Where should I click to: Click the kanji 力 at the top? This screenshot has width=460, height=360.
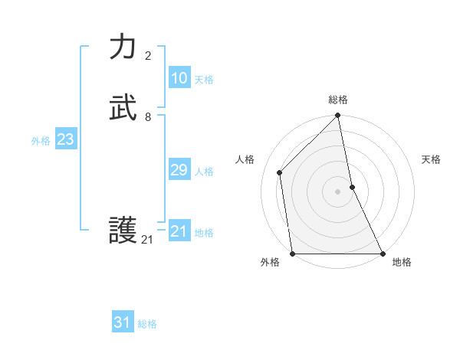click(x=123, y=47)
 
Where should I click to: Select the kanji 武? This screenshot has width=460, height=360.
click(x=123, y=109)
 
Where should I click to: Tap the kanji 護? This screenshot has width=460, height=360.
click(x=123, y=231)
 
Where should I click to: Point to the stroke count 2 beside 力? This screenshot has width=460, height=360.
click(x=148, y=56)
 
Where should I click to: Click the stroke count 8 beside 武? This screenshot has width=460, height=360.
click(x=148, y=117)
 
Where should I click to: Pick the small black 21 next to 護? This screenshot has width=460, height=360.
click(x=148, y=240)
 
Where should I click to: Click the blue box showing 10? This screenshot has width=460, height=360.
click(x=179, y=78)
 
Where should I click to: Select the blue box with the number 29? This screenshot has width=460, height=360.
click(x=179, y=170)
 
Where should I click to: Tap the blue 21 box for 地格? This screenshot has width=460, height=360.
click(x=179, y=231)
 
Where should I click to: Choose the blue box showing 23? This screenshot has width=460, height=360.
click(x=65, y=139)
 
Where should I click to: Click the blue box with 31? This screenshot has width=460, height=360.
click(x=123, y=322)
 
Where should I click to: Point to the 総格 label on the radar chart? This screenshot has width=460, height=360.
click(x=338, y=100)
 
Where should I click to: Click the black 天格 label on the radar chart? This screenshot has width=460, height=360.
click(x=432, y=159)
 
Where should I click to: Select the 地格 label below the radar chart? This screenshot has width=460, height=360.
click(x=402, y=262)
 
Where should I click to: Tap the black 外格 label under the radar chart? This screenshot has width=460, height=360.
click(x=270, y=262)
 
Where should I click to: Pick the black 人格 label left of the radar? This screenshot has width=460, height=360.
click(x=245, y=159)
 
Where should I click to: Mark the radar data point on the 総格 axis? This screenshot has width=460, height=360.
click(x=338, y=116)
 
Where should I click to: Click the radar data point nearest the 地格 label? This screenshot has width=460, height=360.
click(x=382, y=253)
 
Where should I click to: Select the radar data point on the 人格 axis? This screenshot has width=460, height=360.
click(x=280, y=172)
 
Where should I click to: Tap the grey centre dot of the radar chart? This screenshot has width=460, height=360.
click(x=338, y=191)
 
